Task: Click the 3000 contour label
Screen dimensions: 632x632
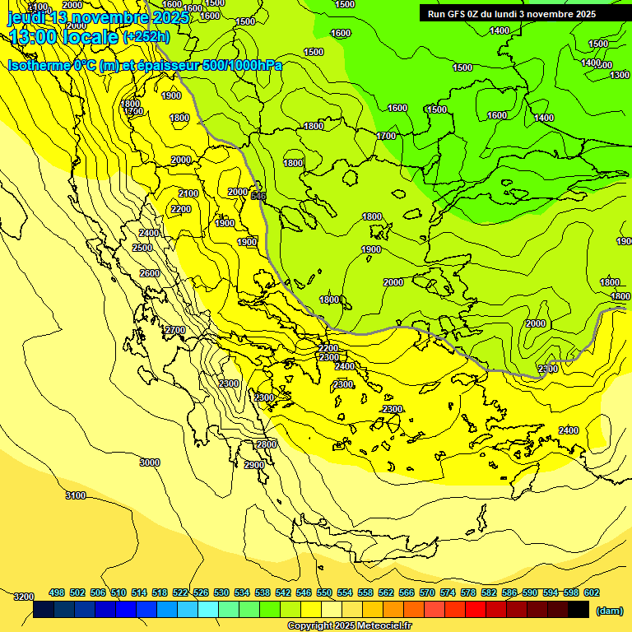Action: tap(149, 462)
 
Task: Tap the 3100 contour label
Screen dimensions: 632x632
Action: tap(75, 495)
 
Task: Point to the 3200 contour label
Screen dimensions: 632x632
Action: tap(24, 597)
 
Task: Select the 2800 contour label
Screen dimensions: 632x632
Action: tap(266, 444)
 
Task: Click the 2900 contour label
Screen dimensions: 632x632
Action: tap(254, 465)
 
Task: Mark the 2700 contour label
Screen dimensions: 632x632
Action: tap(174, 330)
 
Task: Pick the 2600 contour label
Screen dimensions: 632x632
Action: tap(149, 273)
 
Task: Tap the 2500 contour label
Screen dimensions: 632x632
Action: tap(142, 248)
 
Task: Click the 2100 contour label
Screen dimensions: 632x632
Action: tap(188, 193)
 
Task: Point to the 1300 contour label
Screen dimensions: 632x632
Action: tap(620, 75)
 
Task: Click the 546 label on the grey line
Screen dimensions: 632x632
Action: tap(258, 196)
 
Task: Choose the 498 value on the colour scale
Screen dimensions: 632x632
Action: tap(57, 592)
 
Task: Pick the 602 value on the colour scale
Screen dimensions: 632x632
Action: tap(591, 592)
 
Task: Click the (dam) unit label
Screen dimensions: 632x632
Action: tap(609, 611)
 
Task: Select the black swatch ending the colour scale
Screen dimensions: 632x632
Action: tap(579, 609)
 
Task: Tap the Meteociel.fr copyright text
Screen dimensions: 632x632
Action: tap(350, 626)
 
